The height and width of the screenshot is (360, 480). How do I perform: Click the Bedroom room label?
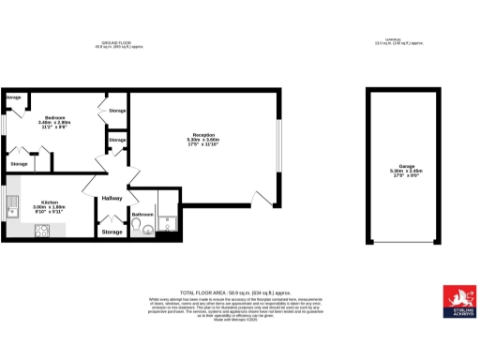coord(52,117)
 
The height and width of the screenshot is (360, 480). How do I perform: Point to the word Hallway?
coord(112,199)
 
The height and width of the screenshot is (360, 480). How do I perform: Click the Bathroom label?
coord(142,215)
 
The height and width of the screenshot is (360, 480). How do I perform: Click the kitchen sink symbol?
coord(14,205)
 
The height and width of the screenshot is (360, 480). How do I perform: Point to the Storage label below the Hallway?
coord(112,232)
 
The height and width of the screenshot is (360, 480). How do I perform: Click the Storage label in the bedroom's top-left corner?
coord(14,97)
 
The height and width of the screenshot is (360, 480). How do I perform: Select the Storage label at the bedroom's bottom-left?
coord(19,164)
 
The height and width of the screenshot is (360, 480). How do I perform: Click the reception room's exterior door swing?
coord(263,196)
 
